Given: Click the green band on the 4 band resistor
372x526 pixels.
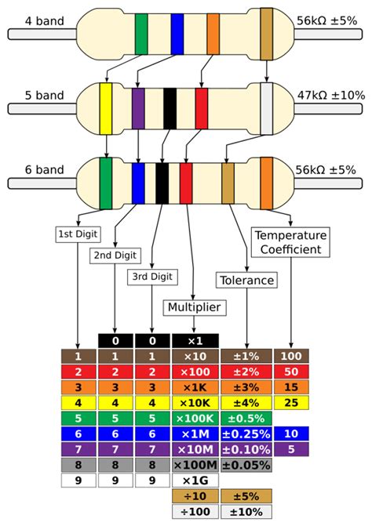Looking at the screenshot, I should click(x=141, y=34).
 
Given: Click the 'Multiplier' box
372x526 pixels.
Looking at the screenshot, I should click(x=193, y=307).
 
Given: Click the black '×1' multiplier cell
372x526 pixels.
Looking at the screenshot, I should click(x=193, y=341).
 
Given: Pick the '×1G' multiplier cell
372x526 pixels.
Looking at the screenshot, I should click(x=193, y=480).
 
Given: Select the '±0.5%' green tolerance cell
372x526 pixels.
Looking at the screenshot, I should click(x=246, y=417).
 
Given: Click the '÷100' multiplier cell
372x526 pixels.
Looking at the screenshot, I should click(x=193, y=510).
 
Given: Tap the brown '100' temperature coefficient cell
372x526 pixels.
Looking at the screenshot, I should click(x=290, y=356).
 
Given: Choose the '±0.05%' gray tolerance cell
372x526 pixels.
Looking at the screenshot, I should click(x=246, y=464).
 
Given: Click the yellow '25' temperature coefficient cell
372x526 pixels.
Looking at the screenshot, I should click(x=290, y=402).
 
